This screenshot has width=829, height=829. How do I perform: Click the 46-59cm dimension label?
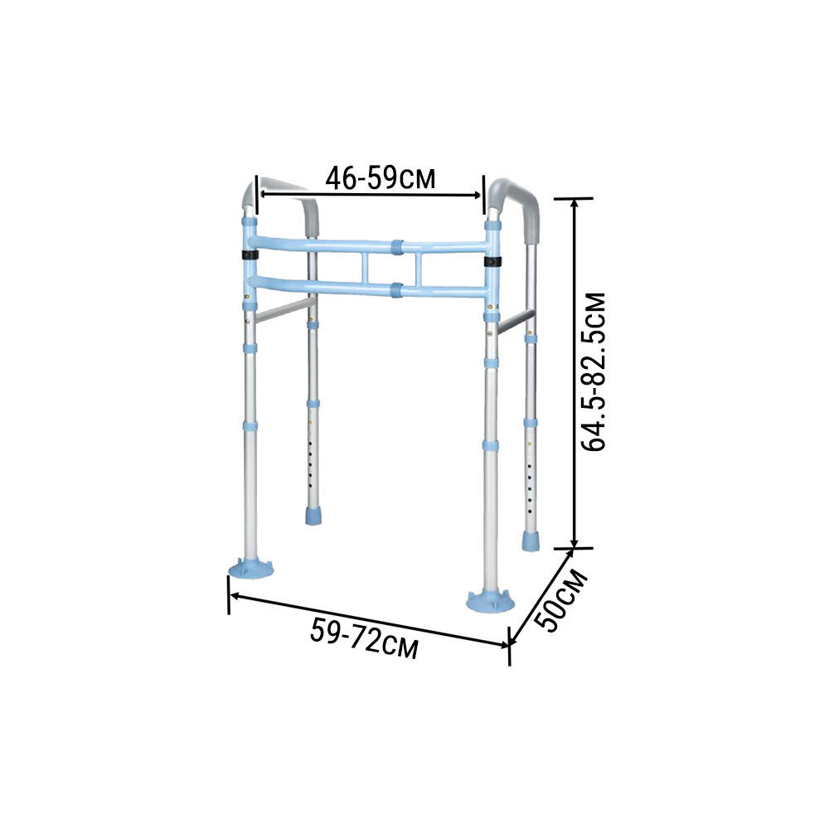click(x=381, y=178)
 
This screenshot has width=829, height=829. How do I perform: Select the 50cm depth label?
click(x=561, y=600)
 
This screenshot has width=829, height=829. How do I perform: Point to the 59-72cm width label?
click(x=364, y=638)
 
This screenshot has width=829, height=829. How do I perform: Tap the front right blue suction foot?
click(x=490, y=599)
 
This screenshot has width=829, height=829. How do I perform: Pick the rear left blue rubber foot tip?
click(x=313, y=516)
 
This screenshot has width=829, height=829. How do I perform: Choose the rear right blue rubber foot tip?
click(x=529, y=541)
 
